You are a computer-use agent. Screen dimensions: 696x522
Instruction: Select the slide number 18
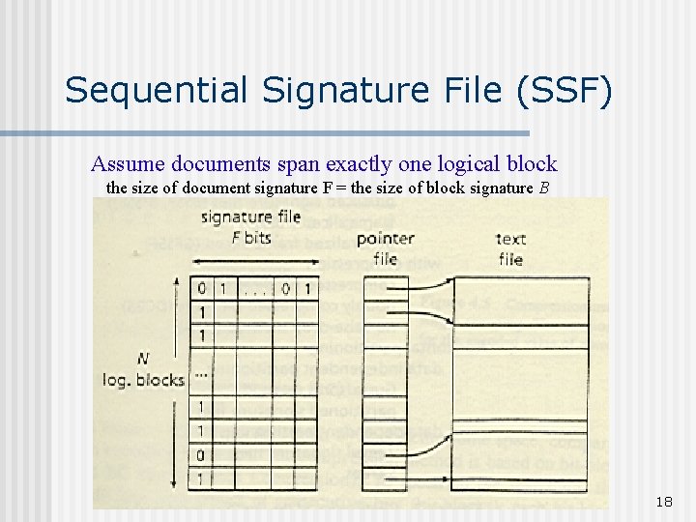(x=663, y=502)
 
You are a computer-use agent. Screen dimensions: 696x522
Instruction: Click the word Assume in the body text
(x=124, y=163)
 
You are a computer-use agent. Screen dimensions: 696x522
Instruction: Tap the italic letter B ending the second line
(x=545, y=188)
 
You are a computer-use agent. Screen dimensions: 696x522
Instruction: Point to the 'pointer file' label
(x=386, y=247)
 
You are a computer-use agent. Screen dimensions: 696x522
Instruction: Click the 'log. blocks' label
(x=143, y=380)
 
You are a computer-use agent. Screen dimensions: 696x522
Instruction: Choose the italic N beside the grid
(x=143, y=359)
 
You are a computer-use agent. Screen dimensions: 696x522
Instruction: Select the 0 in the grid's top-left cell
(x=202, y=288)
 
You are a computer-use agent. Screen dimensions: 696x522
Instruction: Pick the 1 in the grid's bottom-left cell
(x=202, y=478)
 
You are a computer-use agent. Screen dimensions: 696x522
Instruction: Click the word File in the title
(x=465, y=91)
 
